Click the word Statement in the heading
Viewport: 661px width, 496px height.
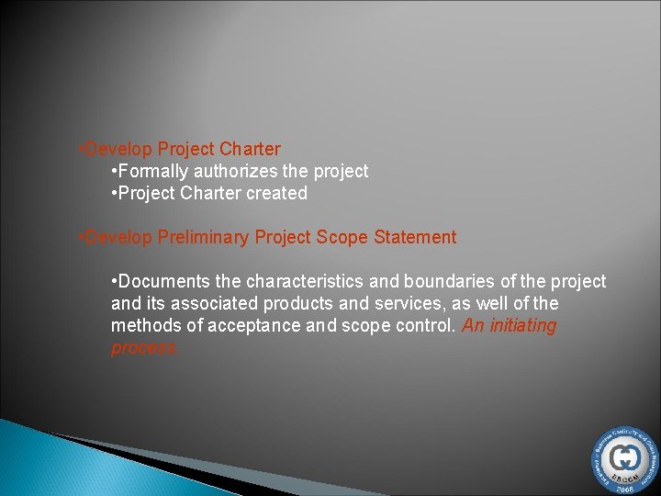pyautogui.click(x=415, y=238)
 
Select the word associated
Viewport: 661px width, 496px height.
pyautogui.click(x=214, y=304)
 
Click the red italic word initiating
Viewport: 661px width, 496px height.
pyautogui.click(x=521, y=326)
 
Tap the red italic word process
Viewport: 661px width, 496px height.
pyautogui.click(x=143, y=348)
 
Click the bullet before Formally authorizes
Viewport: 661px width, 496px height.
pyautogui.click(x=113, y=172)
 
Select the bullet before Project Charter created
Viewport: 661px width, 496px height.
pyautogui.click(x=113, y=194)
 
